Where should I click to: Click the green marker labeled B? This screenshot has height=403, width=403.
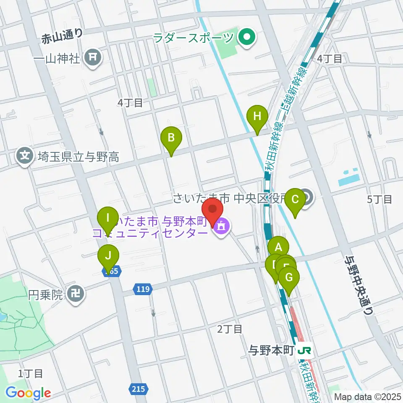point(171,138)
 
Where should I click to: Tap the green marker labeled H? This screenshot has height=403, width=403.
point(257,116)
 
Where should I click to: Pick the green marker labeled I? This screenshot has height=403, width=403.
point(108,218)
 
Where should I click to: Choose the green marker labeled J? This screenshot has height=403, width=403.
point(108,255)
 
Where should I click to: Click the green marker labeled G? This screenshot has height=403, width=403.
point(289,277)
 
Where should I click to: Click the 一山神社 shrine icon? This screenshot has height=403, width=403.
point(93,57)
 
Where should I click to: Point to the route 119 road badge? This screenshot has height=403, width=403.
point(143,288)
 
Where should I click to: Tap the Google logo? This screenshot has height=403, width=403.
point(28,393)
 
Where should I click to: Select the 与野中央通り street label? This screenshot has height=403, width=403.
point(359,285)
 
